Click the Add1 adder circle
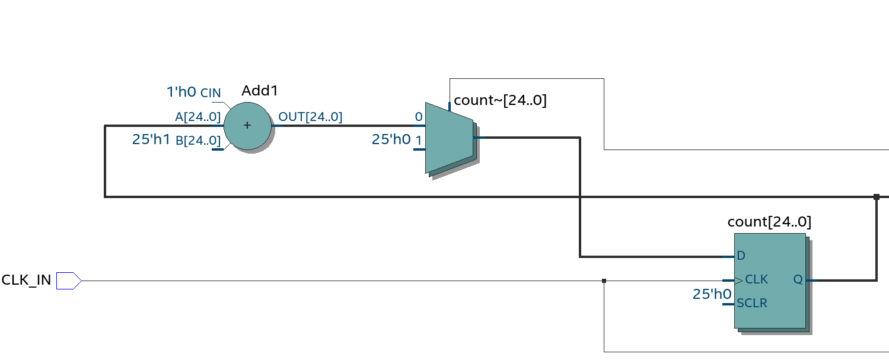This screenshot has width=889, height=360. [x=247, y=126]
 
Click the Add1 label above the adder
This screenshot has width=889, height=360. [x=260, y=91]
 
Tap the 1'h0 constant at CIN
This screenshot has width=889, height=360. [x=181, y=92]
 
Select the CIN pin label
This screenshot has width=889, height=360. [x=211, y=93]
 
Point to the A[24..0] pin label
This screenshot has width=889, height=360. [x=197, y=117]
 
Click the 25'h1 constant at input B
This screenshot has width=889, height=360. [x=151, y=140]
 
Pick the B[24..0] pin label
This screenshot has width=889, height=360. [x=198, y=141]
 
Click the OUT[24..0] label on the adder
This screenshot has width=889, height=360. [x=310, y=117]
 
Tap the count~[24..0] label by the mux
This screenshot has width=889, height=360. [x=500, y=100]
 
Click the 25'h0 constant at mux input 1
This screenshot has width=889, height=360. [x=391, y=140]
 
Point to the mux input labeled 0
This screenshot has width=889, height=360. [x=419, y=117]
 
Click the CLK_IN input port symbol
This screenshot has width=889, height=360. [x=68, y=281]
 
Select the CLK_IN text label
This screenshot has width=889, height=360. [x=27, y=280]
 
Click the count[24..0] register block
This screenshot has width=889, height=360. [x=770, y=281]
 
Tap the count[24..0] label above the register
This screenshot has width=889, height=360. [x=769, y=222]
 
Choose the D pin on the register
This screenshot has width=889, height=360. [x=741, y=256]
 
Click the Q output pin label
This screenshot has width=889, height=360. [x=798, y=279]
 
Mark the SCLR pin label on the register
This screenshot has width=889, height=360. [x=752, y=303]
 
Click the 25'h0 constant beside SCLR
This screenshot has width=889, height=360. [x=712, y=294]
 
